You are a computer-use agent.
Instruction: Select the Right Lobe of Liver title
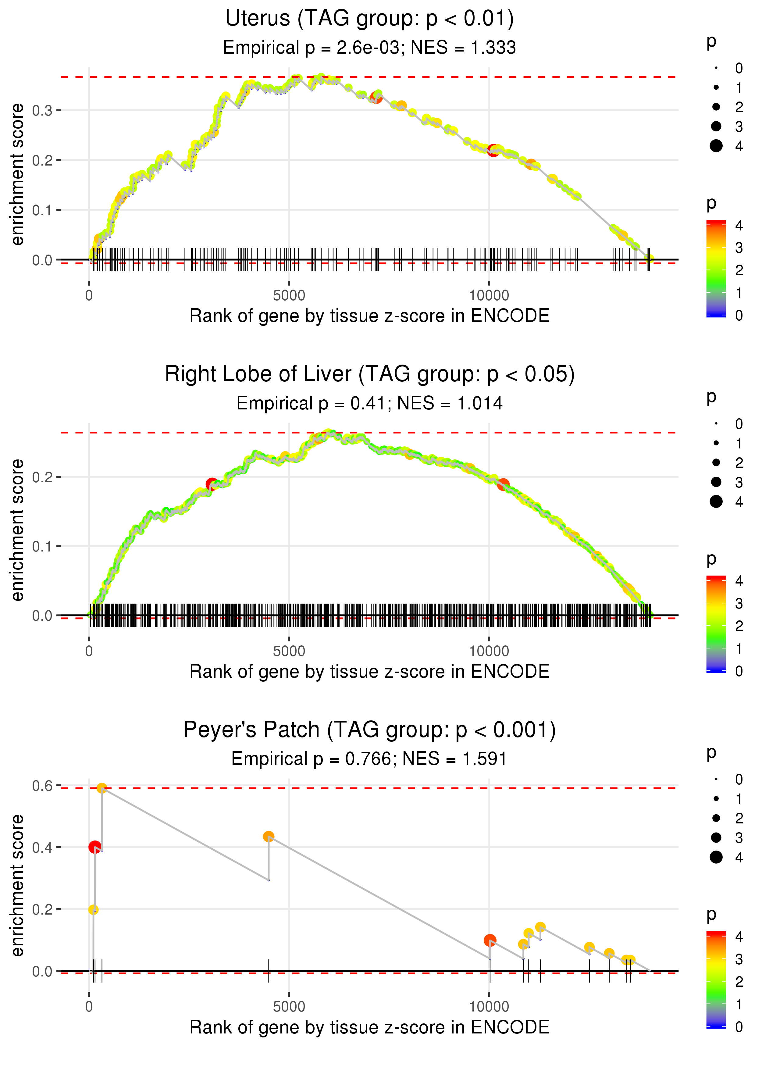coord(369,374)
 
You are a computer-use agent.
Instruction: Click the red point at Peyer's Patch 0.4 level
coord(95,847)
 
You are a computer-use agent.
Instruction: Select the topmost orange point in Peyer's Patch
coord(102,788)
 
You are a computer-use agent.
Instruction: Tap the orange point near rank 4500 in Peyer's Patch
coord(269,837)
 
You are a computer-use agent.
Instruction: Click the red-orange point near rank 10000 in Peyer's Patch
coord(490,940)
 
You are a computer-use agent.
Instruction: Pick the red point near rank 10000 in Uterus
coord(493,151)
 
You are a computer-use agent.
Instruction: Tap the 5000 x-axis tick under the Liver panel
coord(289,651)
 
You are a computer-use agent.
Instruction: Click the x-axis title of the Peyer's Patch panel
coord(369,1027)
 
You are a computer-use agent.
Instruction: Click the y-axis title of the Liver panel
coord(17,530)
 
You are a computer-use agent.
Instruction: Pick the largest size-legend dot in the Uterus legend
coord(716,146)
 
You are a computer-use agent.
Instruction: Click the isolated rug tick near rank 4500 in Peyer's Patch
coord(269,970)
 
